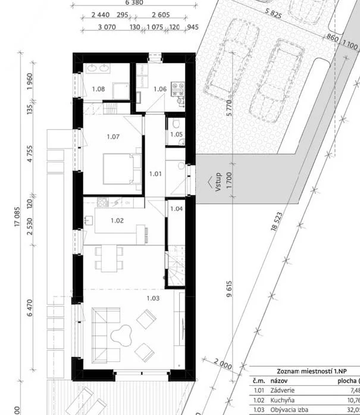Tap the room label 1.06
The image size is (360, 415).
click(x=159, y=89)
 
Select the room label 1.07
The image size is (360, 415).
click(x=113, y=137)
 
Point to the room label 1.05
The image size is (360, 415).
click(x=176, y=135)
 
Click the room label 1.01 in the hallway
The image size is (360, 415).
click(x=155, y=174)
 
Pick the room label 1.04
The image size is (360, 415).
click(x=176, y=209)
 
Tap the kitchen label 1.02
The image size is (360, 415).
click(x=117, y=220)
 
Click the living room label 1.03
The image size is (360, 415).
click(x=154, y=298)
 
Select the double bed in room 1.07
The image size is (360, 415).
click(x=122, y=168)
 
